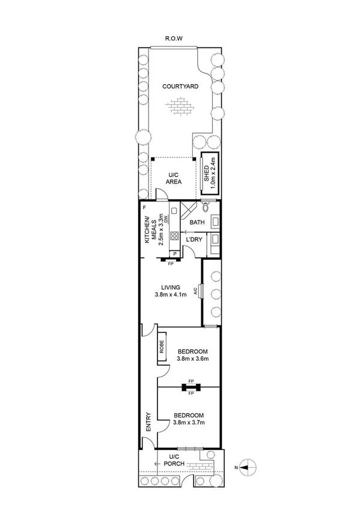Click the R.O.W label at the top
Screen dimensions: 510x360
[x=174, y=38]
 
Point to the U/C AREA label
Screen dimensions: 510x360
[x=174, y=177]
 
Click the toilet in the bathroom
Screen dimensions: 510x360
[x=206, y=209]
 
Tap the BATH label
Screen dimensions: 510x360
[x=197, y=223]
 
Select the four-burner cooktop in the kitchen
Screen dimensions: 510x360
[x=175, y=236]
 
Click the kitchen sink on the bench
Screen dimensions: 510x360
[x=173, y=211]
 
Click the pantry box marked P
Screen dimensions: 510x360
[x=175, y=253]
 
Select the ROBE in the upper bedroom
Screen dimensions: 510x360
[x=162, y=347]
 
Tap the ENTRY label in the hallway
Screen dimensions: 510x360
[x=148, y=421]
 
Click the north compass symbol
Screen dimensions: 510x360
[x=249, y=467]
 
